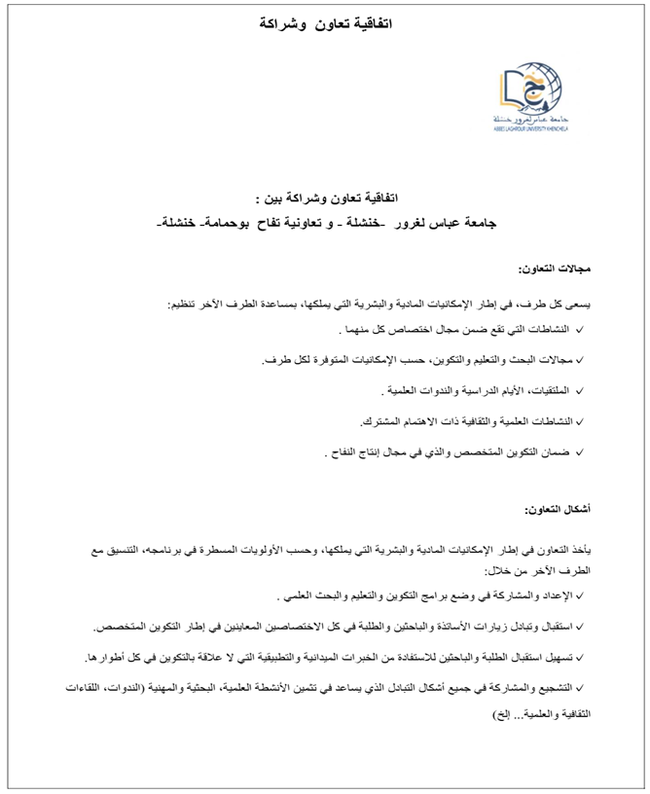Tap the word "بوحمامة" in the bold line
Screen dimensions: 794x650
(x=229, y=223)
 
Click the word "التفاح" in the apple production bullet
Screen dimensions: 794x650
(x=348, y=452)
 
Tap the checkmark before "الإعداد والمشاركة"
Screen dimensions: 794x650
(x=581, y=596)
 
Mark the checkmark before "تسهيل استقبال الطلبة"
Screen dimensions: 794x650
(x=581, y=658)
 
